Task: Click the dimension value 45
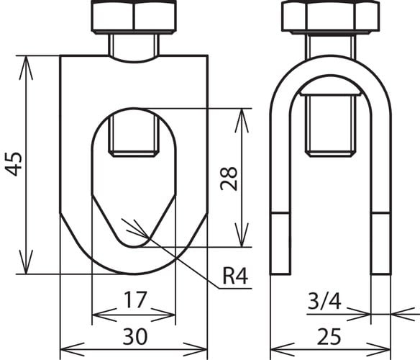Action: [x=14, y=164]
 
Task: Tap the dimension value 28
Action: [x=229, y=179]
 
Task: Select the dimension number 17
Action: [x=135, y=300]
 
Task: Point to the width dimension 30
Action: [x=135, y=336]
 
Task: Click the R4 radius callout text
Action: [x=235, y=276]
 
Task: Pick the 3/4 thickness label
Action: [x=324, y=301]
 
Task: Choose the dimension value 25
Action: [x=329, y=336]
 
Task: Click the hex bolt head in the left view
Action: [x=134, y=17]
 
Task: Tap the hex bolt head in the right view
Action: [x=331, y=17]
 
